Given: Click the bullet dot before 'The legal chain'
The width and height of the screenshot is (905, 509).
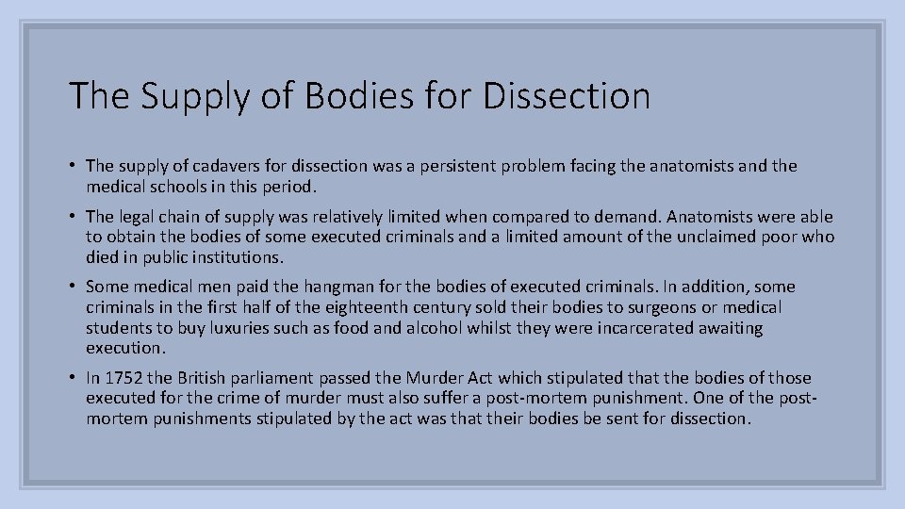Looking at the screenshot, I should [x=73, y=216].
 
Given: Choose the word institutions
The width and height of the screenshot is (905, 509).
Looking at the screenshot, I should [x=237, y=256].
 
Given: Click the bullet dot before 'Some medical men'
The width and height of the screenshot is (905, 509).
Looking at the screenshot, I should [x=73, y=287].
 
